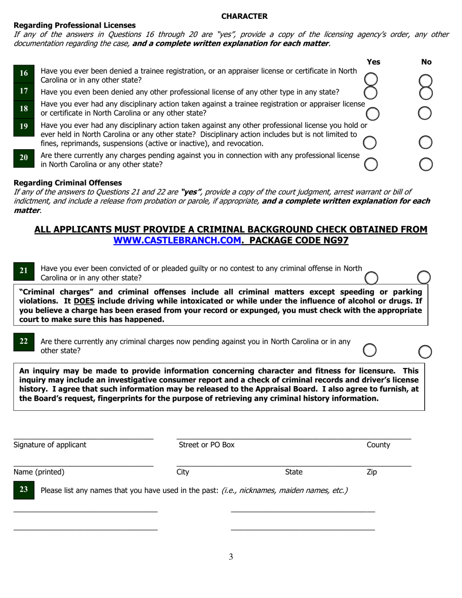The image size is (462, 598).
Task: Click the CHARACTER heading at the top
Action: click(244, 16)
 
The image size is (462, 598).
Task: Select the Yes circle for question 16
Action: click(371, 79)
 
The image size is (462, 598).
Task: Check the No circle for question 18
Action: click(425, 113)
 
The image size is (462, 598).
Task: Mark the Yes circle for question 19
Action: click(370, 142)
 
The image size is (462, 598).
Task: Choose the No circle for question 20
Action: click(426, 164)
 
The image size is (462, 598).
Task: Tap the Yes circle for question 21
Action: click(371, 278)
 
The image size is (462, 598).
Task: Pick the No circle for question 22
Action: click(425, 351)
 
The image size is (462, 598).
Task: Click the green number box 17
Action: click(24, 91)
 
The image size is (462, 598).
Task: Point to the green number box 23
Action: click(24, 490)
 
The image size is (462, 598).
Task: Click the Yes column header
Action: click(373, 62)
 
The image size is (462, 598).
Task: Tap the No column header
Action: click(426, 62)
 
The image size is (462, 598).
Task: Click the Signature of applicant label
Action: click(50, 444)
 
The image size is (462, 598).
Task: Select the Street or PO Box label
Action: click(207, 444)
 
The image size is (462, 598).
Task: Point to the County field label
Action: click(378, 444)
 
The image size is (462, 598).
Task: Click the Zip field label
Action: click(372, 472)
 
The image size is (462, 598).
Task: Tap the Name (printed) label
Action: click(39, 472)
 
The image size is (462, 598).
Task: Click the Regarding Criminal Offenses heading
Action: click(68, 183)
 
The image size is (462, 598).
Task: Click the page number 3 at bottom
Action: click(231, 557)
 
